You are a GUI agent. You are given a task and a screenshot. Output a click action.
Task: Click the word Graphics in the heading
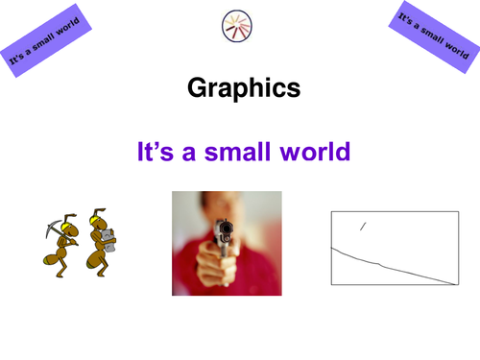[x=244, y=89]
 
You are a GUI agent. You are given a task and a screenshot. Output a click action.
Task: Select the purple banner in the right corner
[x=433, y=38]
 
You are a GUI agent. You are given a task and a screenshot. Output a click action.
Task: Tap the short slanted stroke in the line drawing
[x=362, y=227]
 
